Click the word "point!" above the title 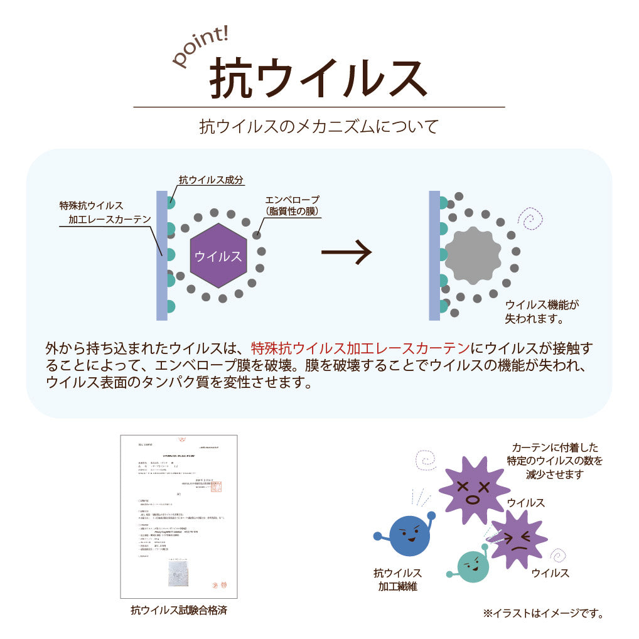pos(200,46)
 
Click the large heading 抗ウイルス pos(318,78)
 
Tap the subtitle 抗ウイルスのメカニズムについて pos(318,126)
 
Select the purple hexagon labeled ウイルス pos(218,255)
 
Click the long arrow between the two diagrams pos(346,253)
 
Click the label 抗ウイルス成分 pos(211,180)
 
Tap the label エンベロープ pos(292,200)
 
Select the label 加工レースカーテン pos(110,219)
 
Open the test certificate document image pos(179,516)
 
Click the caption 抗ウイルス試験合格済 pos(179,610)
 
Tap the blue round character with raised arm pos(409,535)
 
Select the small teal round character pos(473,566)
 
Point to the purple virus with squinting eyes pos(517,538)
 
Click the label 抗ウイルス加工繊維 pos(397,579)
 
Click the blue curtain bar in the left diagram pos(161,255)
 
